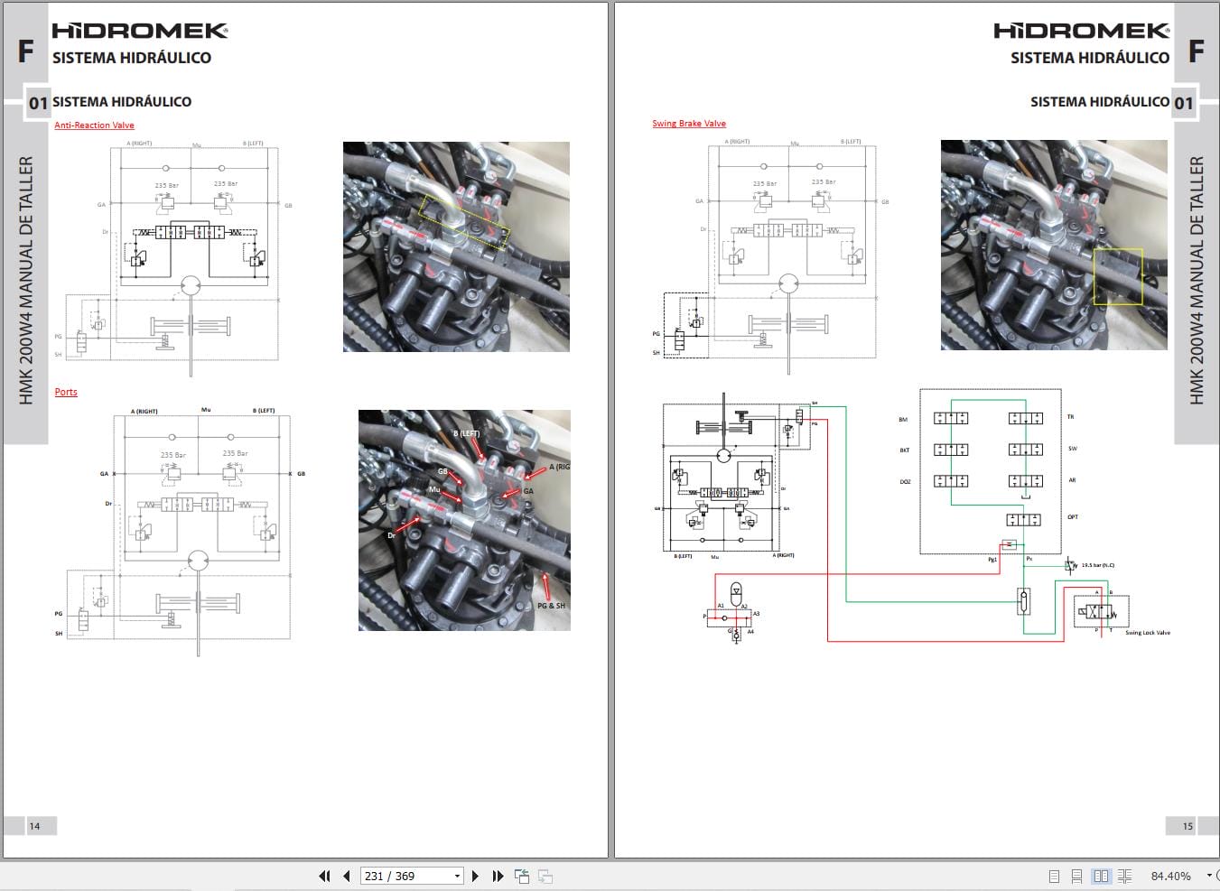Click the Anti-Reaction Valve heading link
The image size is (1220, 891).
click(x=94, y=125)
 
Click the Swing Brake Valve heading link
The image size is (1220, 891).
click(x=689, y=124)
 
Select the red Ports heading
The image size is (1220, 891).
click(x=66, y=392)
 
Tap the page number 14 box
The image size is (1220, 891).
click(x=34, y=825)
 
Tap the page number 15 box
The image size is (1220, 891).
click(x=1187, y=825)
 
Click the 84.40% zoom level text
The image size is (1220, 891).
click(x=1170, y=876)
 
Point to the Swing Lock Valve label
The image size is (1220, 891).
click(x=1147, y=633)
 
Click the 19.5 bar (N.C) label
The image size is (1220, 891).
click(x=1097, y=565)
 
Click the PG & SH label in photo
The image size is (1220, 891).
click(x=551, y=606)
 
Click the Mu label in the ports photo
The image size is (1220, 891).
click(x=434, y=490)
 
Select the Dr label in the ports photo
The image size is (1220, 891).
click(x=391, y=535)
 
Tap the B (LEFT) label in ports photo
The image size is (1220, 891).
click(x=466, y=434)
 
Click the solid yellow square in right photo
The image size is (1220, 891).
click(x=1118, y=277)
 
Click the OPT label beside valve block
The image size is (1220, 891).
click(x=1073, y=517)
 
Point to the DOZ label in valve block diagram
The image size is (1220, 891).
click(x=905, y=481)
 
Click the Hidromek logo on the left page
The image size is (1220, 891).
click(x=140, y=31)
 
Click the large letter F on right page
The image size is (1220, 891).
click(x=1196, y=51)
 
